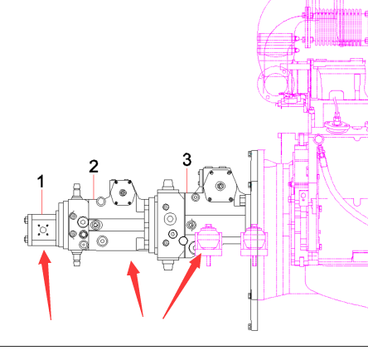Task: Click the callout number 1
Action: point(41,182)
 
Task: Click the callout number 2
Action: point(94,167)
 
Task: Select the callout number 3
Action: point(187,159)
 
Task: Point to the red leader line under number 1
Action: point(42,202)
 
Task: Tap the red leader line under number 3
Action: point(187,180)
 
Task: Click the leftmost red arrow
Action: point(46,285)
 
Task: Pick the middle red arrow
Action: point(136,288)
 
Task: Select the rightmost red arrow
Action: point(182,286)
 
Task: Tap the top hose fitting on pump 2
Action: point(77,191)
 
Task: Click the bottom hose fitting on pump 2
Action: point(77,259)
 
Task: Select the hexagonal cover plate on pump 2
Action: point(123,192)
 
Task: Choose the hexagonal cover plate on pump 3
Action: point(220,185)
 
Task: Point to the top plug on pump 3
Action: point(168,184)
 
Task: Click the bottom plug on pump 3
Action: point(167,265)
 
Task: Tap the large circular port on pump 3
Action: point(170,219)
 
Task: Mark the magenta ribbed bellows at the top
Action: point(337,27)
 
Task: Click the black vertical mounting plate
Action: point(254,241)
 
